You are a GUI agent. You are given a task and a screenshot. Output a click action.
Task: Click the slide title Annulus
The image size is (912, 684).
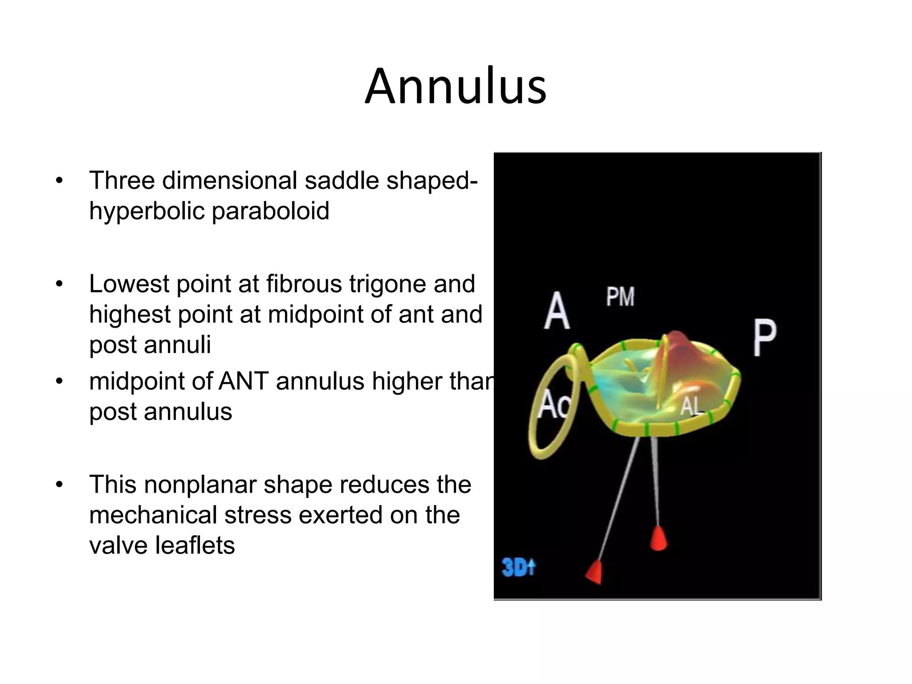456,86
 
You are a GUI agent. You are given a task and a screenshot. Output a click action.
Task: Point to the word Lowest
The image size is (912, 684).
129,284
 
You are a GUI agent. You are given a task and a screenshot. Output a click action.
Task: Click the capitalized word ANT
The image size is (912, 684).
244,382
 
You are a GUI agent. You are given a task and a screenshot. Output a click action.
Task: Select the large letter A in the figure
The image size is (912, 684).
557,311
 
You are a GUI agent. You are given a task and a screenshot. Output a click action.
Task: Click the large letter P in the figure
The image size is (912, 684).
764,338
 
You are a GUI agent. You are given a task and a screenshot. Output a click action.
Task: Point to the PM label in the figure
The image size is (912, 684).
620,297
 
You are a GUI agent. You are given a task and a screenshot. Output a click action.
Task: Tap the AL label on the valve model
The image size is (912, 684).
690,406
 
